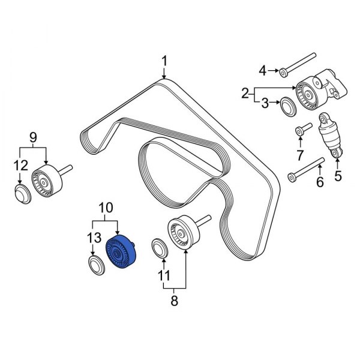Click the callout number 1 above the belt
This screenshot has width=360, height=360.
(164, 61)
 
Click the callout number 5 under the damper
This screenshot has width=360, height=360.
(337, 176)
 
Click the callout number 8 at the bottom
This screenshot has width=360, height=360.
(175, 301)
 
